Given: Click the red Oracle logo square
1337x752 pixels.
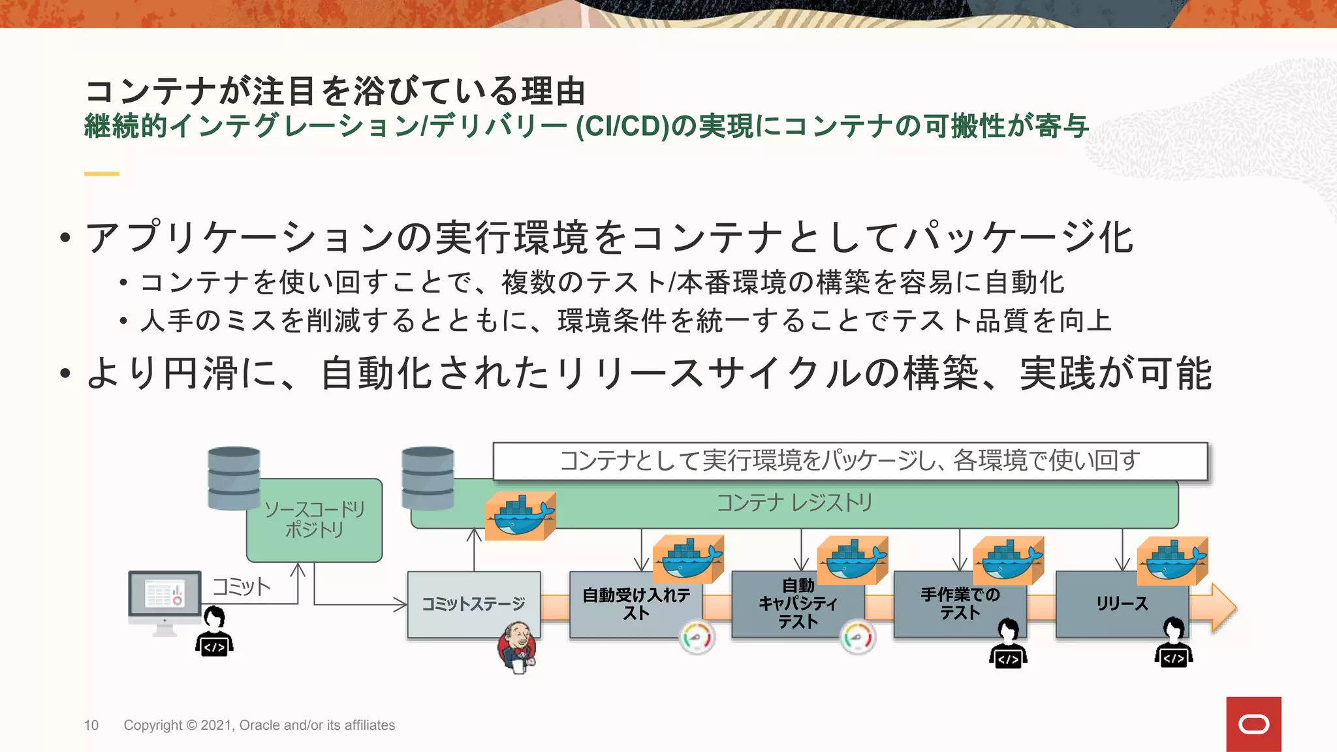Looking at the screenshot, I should point(1253,724).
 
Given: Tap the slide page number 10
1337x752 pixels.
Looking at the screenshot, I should point(91,725).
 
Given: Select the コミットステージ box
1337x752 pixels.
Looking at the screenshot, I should point(473,604).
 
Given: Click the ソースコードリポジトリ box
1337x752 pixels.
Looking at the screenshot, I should point(314,520).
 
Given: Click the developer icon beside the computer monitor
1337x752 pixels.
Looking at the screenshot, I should point(214,631).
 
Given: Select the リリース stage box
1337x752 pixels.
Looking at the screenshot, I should point(1121,604).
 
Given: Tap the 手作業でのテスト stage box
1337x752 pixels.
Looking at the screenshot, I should point(960,604).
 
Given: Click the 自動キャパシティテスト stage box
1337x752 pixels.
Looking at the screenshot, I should point(798,604).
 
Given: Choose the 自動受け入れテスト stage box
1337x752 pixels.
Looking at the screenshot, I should point(635,604).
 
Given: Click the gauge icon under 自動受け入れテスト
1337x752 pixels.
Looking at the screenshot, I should point(697,638).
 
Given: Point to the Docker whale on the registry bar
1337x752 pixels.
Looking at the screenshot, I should point(520,516).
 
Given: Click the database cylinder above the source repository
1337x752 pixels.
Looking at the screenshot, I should point(234,478).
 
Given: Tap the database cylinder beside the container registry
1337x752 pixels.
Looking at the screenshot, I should point(428,478).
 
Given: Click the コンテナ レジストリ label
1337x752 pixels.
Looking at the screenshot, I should point(794,503).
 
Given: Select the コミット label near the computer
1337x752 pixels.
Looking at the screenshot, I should point(241,586).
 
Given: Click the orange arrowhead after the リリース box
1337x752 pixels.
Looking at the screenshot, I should point(1222,607).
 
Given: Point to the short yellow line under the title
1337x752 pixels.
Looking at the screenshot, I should point(102,174).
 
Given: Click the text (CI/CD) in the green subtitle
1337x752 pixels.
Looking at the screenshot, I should point(622,126).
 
